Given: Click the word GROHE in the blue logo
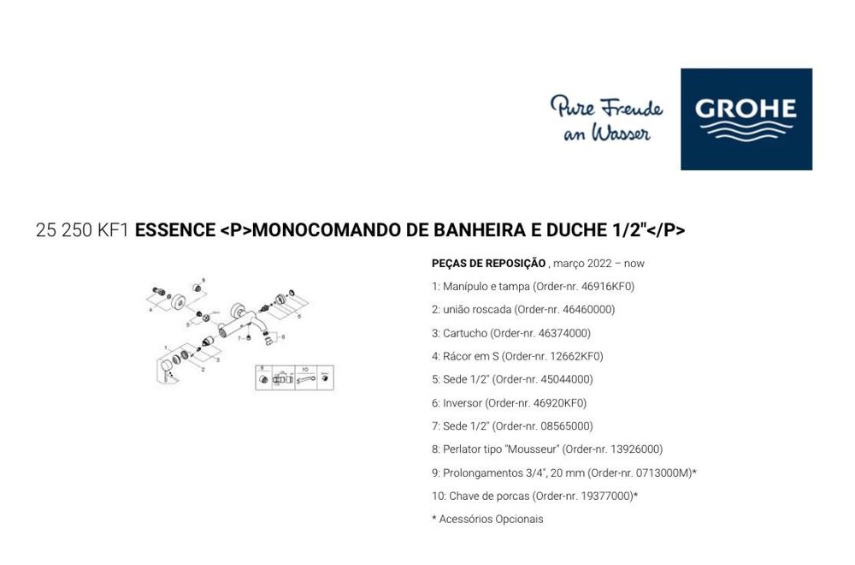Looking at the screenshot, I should (x=746, y=109).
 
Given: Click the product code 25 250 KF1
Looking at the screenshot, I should (x=83, y=230).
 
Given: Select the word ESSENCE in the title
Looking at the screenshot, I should (x=175, y=230).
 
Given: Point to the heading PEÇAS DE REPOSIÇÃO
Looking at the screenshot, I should (x=488, y=263).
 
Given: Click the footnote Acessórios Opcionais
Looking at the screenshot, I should (x=491, y=519).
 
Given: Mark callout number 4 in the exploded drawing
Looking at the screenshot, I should (x=150, y=311).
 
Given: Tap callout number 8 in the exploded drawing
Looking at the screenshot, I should (x=283, y=337).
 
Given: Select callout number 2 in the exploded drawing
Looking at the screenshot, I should (x=203, y=369).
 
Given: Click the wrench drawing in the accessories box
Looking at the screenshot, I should (x=305, y=378).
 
